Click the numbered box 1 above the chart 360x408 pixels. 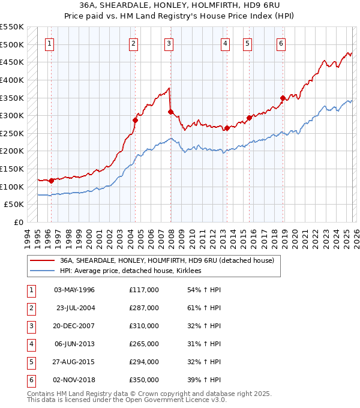tap(49, 43)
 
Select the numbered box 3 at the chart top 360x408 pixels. tap(169, 43)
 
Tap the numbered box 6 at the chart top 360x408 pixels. tap(281, 43)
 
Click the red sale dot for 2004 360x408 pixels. tap(135, 120)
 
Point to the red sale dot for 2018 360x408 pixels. tap(283, 98)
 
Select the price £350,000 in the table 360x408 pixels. tap(144, 380)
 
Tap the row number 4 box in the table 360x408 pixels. tap(31, 344)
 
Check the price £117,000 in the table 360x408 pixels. tap(144, 290)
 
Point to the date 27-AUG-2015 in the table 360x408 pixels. tap(74, 362)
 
